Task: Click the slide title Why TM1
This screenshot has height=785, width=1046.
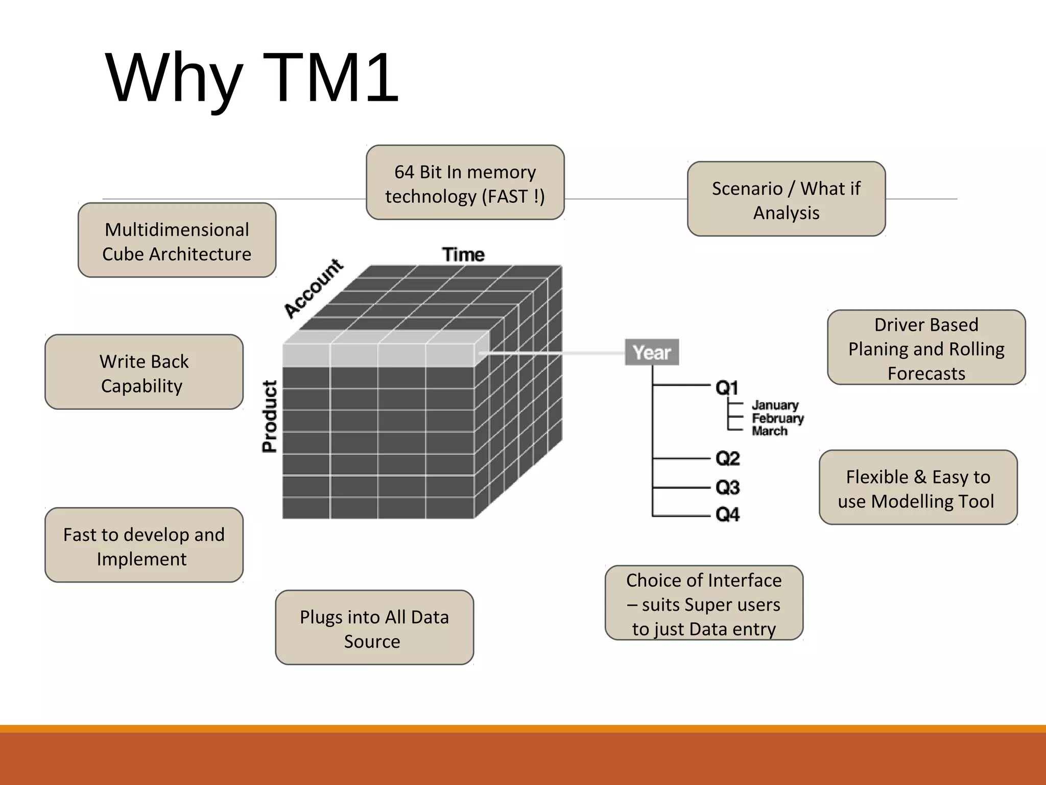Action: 252,78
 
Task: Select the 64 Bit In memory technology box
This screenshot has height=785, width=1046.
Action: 465,183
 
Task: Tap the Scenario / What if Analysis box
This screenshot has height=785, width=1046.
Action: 786,199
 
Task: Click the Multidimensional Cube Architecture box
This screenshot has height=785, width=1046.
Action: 177,241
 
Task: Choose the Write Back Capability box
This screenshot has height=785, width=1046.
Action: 144,373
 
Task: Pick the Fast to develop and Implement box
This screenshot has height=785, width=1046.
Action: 144,545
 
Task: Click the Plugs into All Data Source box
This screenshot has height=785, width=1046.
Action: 374,628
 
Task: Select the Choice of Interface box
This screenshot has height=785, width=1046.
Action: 704,604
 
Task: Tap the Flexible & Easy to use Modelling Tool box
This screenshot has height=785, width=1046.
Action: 918,488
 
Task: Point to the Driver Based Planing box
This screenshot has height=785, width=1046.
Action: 926,348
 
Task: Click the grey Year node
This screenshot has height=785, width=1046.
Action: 652,352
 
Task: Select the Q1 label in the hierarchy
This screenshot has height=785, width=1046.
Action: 727,388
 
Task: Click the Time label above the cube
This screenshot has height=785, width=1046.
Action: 463,255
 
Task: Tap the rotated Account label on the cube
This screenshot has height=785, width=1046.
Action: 314,288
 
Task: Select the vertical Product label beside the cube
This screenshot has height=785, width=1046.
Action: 270,416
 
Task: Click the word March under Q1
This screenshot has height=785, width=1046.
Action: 770,431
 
